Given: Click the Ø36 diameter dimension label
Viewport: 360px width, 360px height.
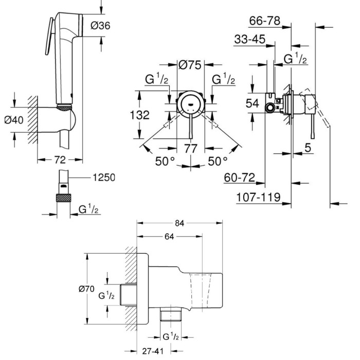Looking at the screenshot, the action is point(100,26).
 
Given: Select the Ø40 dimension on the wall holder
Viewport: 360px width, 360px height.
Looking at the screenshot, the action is point(14,120).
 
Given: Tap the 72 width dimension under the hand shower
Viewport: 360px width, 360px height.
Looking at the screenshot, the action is point(60,160).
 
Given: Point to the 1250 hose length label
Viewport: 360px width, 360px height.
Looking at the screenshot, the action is point(104,177).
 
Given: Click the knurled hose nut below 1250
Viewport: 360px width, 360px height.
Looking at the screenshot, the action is point(63,197).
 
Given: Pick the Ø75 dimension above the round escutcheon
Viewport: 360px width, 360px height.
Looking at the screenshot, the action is point(190,65).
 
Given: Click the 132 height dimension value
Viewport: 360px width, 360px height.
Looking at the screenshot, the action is point(139,115).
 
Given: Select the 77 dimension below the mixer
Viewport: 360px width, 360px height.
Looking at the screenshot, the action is point(191,149).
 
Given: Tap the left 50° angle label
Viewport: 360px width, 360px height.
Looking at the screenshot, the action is point(165,161).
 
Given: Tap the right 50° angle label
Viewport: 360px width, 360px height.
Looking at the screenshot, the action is point(218,161).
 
